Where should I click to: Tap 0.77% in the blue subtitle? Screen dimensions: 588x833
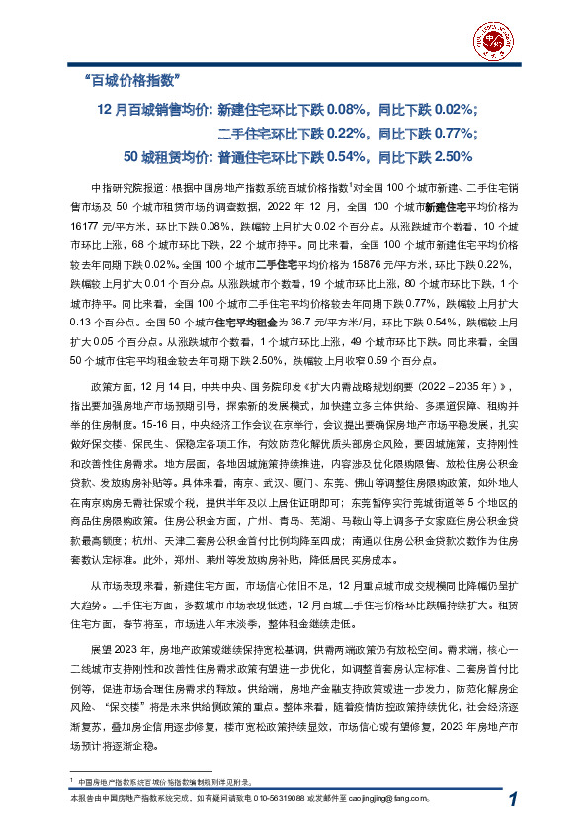click(456, 133)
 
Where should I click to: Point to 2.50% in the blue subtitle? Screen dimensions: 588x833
click(456, 156)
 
